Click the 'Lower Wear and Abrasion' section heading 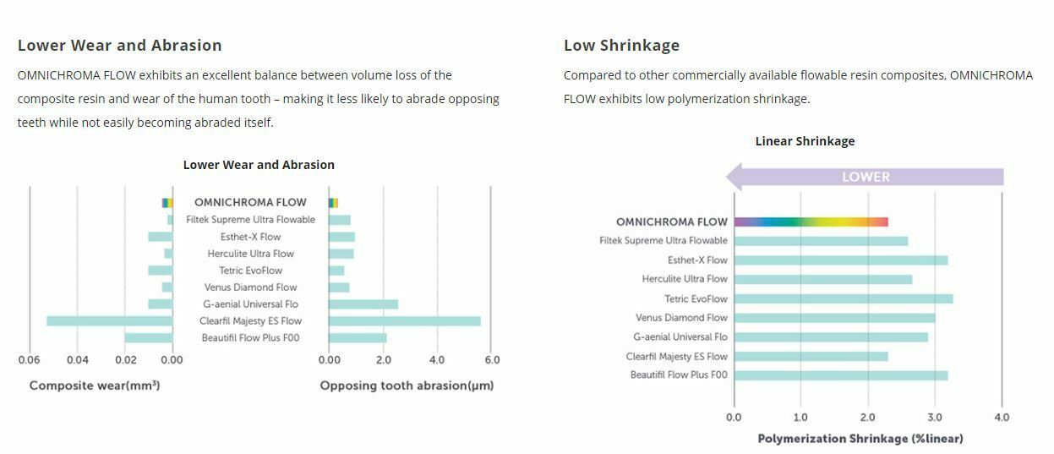coord(119,46)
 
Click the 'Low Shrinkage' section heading coord(621,46)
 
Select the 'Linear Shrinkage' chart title coord(805,141)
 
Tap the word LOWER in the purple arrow coord(866,178)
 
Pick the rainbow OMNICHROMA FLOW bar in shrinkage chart coord(811,222)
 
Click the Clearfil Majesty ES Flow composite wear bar coord(109,321)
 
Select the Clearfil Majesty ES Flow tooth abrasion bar coord(404,321)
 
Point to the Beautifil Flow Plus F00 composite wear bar coord(148,338)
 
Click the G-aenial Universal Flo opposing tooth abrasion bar coord(363,304)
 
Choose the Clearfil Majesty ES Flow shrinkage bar coord(811,357)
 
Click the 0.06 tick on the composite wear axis coord(30,360)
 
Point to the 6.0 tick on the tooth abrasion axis coord(491,360)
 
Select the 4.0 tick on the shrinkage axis coord(1001,417)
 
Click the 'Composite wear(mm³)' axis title coord(95,386)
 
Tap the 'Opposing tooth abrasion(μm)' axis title coord(407,386)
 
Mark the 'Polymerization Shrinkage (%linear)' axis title coord(860,439)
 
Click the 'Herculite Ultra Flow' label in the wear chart coord(251,254)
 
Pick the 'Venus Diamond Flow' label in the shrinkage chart coord(681,318)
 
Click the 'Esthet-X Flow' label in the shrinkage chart coord(697,260)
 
